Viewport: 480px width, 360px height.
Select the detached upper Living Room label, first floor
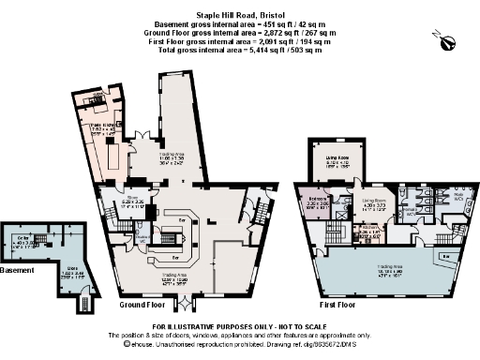(x=337, y=162)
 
